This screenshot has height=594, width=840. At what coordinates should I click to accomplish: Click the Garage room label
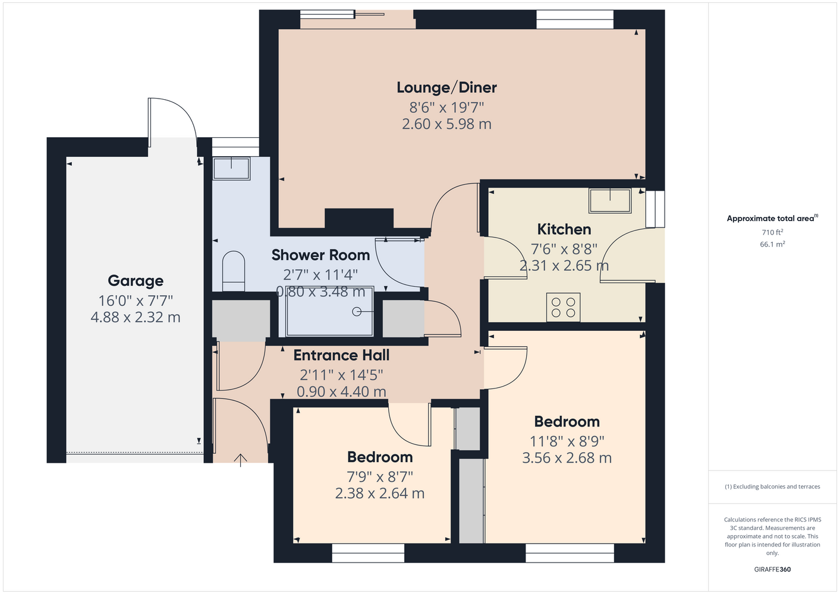pyautogui.click(x=136, y=281)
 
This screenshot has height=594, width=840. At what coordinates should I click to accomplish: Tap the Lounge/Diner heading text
pyautogui.click(x=446, y=88)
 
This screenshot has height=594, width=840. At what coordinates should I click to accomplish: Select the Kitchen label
pyautogui.click(x=564, y=229)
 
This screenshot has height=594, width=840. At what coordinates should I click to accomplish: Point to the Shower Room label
pyautogui.click(x=320, y=255)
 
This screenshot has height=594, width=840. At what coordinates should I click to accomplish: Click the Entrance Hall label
pyautogui.click(x=341, y=355)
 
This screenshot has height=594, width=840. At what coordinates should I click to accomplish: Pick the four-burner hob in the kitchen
pyautogui.click(x=563, y=307)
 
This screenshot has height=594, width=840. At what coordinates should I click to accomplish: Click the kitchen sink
pyautogui.click(x=610, y=201)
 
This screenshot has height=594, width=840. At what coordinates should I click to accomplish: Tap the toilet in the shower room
pyautogui.click(x=234, y=271)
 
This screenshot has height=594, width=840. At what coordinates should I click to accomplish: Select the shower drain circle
pyautogui.click(x=357, y=311)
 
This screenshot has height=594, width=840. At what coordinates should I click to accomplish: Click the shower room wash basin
pyautogui.click(x=231, y=168)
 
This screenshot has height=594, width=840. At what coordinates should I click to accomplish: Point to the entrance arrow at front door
pyautogui.click(x=240, y=460)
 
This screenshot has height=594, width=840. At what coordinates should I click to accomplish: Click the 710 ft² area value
pyautogui.click(x=772, y=232)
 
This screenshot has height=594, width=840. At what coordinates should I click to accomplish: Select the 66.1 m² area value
pyautogui.click(x=772, y=244)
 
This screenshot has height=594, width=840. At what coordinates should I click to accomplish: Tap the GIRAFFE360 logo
pyautogui.click(x=772, y=569)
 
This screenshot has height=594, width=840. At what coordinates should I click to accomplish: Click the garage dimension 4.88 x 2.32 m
pyautogui.click(x=136, y=317)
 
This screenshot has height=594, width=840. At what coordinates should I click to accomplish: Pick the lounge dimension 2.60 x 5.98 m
pyautogui.click(x=446, y=124)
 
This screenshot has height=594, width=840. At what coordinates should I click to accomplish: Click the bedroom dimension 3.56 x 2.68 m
pyautogui.click(x=567, y=458)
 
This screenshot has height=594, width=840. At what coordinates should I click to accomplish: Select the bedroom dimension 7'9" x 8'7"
pyautogui.click(x=379, y=477)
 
